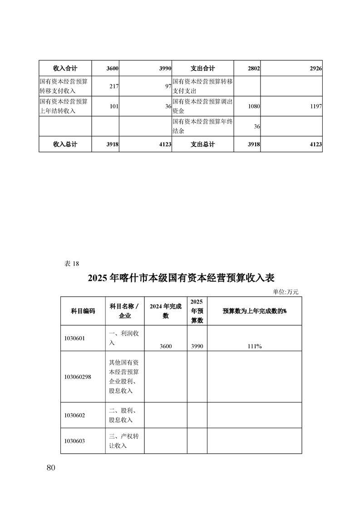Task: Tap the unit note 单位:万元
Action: [x=286, y=292]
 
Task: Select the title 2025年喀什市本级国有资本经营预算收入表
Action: [x=181, y=278]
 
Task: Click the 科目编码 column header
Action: [x=83, y=311]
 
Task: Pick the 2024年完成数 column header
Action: [x=166, y=311]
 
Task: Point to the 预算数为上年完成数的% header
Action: [x=254, y=311]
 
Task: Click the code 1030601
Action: [x=75, y=338]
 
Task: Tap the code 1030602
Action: [x=75, y=415]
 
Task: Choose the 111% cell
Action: [x=254, y=346]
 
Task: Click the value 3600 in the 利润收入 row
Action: [x=166, y=346]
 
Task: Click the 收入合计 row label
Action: [x=65, y=69]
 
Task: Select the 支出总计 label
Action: [x=202, y=144]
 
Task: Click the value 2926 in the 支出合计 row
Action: [x=316, y=69]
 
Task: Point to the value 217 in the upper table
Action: [x=113, y=86]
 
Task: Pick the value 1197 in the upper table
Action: [x=316, y=106]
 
